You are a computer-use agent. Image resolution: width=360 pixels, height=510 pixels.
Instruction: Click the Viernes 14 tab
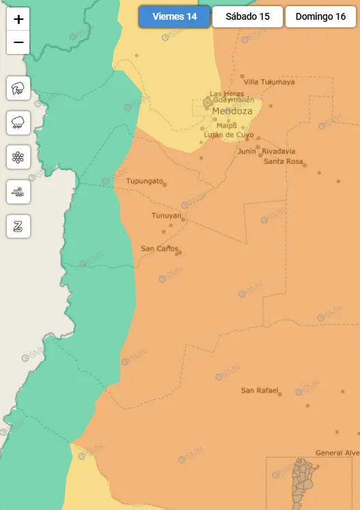tap(174, 17)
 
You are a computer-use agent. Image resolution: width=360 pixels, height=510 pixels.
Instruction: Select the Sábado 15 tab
tap(247, 17)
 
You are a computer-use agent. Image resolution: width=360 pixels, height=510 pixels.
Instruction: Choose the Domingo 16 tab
tap(320, 17)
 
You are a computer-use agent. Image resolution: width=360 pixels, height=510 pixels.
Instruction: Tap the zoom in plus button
tap(18, 19)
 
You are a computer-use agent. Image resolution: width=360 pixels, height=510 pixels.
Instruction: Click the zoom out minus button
tap(18, 42)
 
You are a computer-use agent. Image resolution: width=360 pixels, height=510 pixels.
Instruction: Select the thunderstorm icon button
tap(18, 88)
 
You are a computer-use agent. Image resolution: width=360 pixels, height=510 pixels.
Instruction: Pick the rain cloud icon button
tap(18, 123)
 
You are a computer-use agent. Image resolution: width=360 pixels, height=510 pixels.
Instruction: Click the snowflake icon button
tap(18, 158)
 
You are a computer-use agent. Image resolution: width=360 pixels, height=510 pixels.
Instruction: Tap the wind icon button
tap(18, 192)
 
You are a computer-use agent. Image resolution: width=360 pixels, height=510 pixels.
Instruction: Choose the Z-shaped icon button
tap(18, 227)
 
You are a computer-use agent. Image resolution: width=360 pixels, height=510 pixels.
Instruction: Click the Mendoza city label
tap(232, 111)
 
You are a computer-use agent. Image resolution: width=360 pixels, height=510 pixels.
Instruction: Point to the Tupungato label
tap(144, 181)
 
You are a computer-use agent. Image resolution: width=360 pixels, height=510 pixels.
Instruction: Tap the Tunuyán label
tap(167, 216)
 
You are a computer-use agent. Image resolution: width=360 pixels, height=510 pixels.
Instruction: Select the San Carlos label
tap(159, 249)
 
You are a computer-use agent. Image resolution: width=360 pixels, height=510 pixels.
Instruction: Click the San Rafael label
tap(260, 391)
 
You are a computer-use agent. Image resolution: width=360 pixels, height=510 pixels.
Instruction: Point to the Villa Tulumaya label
tap(269, 82)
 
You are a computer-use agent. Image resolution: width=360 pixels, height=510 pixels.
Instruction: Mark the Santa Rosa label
tap(283, 162)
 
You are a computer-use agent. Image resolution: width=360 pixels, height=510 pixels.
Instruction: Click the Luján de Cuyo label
tap(229, 134)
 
